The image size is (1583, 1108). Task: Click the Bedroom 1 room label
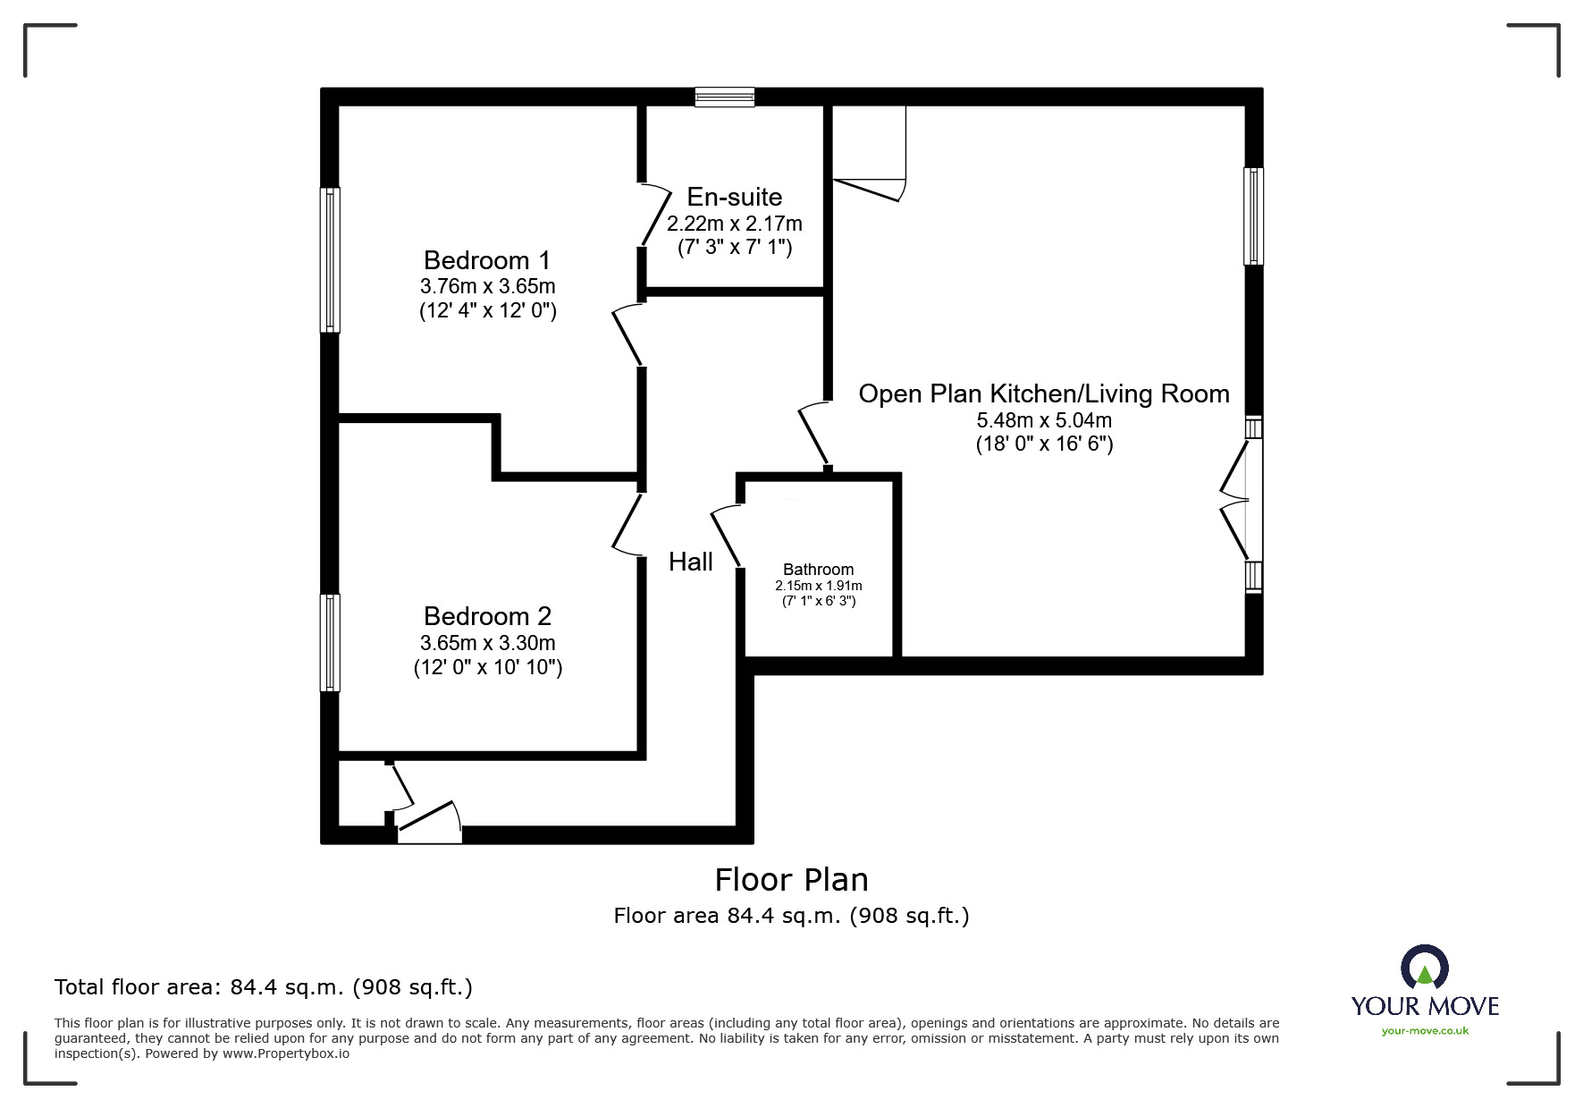point(487,260)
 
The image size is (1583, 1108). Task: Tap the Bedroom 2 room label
point(487,616)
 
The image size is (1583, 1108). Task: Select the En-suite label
point(735,197)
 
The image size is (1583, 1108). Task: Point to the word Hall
point(691,562)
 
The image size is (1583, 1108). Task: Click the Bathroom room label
point(819,570)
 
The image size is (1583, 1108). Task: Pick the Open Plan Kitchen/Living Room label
point(1044,393)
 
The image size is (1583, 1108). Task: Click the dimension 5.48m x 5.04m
point(1044,420)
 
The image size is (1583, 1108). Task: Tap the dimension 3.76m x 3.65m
point(488,286)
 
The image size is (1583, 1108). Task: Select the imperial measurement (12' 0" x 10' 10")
point(488,667)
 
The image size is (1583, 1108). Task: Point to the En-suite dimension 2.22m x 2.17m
point(735,223)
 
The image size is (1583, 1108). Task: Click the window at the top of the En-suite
point(725,97)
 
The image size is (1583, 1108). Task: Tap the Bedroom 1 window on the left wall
point(331,259)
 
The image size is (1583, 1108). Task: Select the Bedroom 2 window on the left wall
point(331,642)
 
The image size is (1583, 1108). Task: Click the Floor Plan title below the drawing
point(792,880)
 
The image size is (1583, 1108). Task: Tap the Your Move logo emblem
point(1425,967)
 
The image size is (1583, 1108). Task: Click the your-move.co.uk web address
point(1425,1031)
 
